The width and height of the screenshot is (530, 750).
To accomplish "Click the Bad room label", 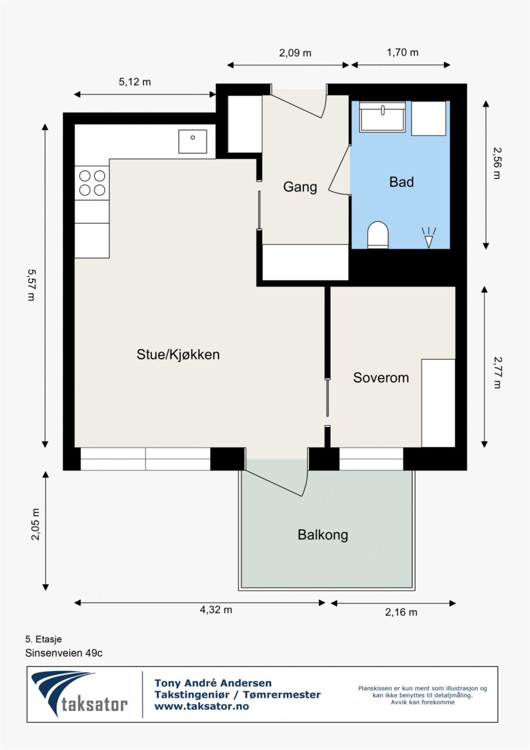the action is (402, 182).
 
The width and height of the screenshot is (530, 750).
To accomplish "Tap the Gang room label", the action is (300, 187).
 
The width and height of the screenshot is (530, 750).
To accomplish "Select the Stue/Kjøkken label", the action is (178, 354).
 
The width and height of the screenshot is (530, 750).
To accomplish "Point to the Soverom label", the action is (381, 378).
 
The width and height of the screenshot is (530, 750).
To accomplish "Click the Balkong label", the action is (323, 535).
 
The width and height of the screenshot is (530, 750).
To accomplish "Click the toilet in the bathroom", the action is (378, 235).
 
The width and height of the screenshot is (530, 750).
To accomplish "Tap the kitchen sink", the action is (193, 142).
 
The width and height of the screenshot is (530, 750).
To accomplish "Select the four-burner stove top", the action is (92, 183).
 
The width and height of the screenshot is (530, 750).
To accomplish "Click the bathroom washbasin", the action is (383, 117).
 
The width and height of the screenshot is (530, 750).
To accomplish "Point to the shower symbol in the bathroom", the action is (429, 238).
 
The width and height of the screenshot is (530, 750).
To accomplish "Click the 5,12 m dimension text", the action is (135, 81).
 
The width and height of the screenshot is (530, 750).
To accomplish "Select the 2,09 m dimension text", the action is (295, 53).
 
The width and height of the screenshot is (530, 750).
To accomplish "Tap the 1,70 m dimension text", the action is (402, 52).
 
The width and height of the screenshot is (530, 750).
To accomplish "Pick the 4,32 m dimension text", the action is (216, 610).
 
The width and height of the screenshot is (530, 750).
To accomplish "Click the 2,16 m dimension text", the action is (401, 612).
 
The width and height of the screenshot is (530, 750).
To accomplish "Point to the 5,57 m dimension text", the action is (31, 285).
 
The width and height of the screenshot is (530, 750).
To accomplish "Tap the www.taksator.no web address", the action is (202, 706).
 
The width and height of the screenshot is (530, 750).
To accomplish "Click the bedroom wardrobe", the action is (438, 403).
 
